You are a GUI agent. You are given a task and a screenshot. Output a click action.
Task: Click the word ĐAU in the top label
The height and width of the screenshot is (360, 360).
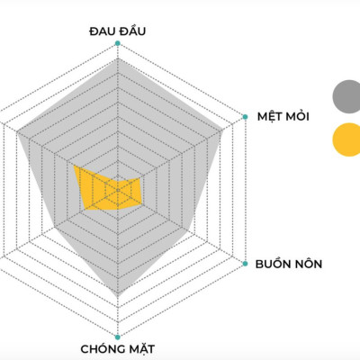coord(103,31)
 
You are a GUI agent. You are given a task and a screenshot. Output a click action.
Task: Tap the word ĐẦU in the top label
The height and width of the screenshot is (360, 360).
coord(131,31)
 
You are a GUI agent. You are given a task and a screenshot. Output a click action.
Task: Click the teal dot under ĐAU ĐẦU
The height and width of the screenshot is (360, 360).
coord(117,42)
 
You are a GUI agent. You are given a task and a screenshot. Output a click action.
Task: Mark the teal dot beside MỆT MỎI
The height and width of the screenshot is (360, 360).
coord(245,116)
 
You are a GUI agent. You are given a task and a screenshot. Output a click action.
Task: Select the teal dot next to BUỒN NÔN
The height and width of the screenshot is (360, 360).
coord(245,265)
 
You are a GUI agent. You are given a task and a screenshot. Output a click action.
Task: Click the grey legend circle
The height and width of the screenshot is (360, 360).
coord(346,94)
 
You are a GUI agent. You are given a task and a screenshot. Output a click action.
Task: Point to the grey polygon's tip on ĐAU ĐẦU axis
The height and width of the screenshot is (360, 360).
coord(117,60)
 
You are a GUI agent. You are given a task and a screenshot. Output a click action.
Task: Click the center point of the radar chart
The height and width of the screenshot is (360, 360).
coord(117,190)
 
